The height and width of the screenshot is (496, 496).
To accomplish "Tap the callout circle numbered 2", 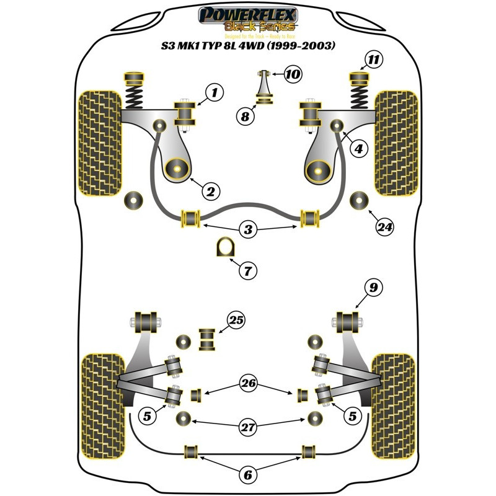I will coord(210,192).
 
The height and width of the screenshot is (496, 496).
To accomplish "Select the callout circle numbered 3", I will coord(249,230).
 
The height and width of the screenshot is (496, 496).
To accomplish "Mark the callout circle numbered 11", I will coord(373,60).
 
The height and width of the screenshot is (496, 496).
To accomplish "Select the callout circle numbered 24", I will coord(384,228).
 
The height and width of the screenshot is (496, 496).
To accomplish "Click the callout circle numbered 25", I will coord(235,321).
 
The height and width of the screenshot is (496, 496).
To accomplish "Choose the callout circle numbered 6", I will coord(247,476).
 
